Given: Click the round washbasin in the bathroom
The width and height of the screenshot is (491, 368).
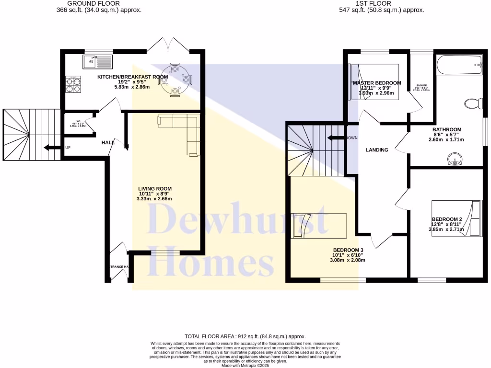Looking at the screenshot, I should click(x=453, y=159).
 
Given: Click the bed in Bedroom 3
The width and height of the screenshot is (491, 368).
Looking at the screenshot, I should click(x=319, y=226).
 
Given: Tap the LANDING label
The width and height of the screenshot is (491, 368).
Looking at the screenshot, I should click(x=377, y=150).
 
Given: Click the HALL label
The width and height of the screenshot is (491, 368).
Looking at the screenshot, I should click(x=108, y=143).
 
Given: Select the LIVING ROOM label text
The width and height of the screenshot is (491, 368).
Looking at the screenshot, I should click(x=155, y=188).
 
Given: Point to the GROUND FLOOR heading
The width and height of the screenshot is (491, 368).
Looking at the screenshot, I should click(x=99, y=3).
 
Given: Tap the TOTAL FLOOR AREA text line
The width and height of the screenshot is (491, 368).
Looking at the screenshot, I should click(x=245, y=337).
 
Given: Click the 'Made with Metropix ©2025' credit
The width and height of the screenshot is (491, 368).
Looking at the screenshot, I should click(x=245, y=365).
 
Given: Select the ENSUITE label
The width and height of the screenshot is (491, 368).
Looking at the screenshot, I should click(x=421, y=85).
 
